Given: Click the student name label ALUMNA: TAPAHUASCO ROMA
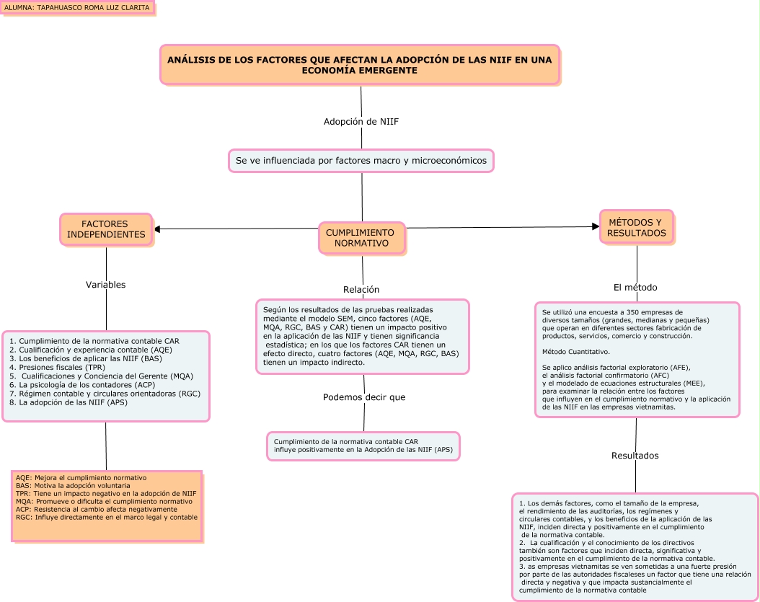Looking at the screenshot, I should [x=77, y=8].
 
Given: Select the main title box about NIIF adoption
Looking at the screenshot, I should [x=360, y=65].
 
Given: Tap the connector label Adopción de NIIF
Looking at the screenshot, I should [x=361, y=121].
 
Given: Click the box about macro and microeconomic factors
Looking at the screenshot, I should [x=361, y=160].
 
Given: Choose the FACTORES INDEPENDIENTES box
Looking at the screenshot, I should [x=106, y=229].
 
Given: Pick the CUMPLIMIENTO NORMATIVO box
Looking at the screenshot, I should [x=361, y=238].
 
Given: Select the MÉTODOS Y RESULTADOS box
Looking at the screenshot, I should [x=637, y=227].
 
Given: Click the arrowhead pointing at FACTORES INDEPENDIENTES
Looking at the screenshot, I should [x=157, y=229].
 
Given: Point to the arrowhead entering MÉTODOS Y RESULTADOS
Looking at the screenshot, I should [x=596, y=226].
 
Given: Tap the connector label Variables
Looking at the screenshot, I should [x=106, y=285].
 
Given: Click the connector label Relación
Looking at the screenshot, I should [x=361, y=290].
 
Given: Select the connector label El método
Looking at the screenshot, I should [x=635, y=288].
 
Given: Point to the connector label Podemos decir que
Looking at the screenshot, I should [x=364, y=397].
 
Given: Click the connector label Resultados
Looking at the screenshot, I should [x=635, y=456].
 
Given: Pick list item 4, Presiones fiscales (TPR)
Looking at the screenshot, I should [x=58, y=367].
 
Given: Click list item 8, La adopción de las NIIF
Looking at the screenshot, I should [x=69, y=402].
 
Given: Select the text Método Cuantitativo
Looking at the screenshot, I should [x=576, y=352].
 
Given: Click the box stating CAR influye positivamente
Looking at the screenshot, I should [x=363, y=446].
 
